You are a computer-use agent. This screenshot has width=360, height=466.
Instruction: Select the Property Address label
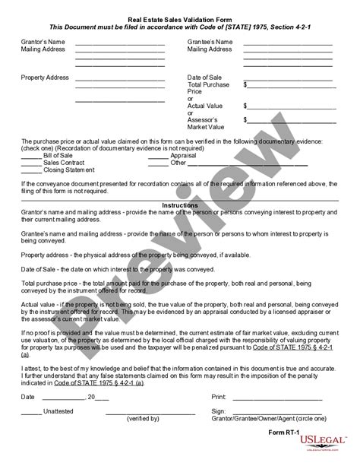pos(45,78)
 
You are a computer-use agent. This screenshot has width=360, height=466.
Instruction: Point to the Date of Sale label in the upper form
pos(206,78)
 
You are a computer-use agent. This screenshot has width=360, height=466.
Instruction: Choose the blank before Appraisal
pos(158,154)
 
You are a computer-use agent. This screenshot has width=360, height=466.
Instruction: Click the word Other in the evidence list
pos(178,162)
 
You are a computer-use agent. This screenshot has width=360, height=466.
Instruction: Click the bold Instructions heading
pos(179,205)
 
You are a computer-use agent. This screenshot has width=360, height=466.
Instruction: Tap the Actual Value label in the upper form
pos(207,106)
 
